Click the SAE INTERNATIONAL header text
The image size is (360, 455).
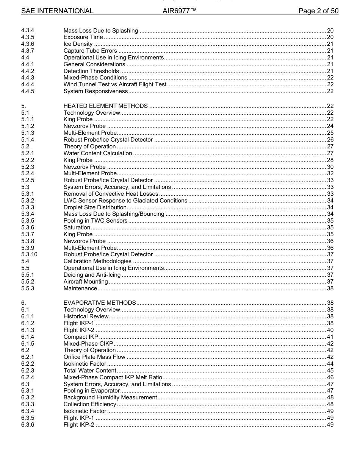(x=57, y=11)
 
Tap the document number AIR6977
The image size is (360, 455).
(x=179, y=11)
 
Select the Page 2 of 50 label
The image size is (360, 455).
(x=318, y=11)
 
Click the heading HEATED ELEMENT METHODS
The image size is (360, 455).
(x=105, y=106)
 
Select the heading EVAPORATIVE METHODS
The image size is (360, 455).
(x=100, y=303)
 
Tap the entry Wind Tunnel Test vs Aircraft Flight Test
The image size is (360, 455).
(x=115, y=84)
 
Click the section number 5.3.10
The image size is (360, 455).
(x=29, y=254)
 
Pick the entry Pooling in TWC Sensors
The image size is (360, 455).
(x=95, y=221)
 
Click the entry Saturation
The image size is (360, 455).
(x=77, y=227)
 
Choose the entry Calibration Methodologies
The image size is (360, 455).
(x=97, y=261)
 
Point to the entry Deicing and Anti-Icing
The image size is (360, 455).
(x=92, y=275)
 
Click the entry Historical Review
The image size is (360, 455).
(x=86, y=316)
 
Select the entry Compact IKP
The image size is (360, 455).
(x=81, y=337)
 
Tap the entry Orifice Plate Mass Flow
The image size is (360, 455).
(x=94, y=357)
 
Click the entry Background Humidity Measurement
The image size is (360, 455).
(x=110, y=397)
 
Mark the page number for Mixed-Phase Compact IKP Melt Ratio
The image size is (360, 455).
(x=330, y=377)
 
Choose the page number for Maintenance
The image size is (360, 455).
(x=330, y=288)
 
